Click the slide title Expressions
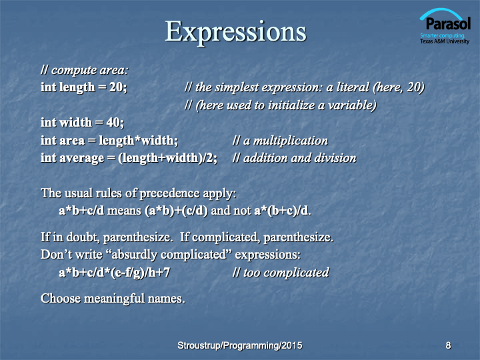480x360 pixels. (236, 33)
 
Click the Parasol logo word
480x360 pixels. (448, 23)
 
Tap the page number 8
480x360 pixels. (448, 345)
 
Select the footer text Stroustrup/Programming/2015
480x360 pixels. (240, 345)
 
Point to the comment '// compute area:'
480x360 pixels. (85, 71)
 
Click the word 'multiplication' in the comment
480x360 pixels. (291, 141)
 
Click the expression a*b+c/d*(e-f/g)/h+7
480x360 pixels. (114, 273)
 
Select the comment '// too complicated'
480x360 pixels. (281, 273)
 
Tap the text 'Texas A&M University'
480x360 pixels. (445, 41)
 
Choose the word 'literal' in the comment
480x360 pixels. (353, 87)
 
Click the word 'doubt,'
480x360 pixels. (83, 237)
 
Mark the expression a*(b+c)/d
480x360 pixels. (281, 211)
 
